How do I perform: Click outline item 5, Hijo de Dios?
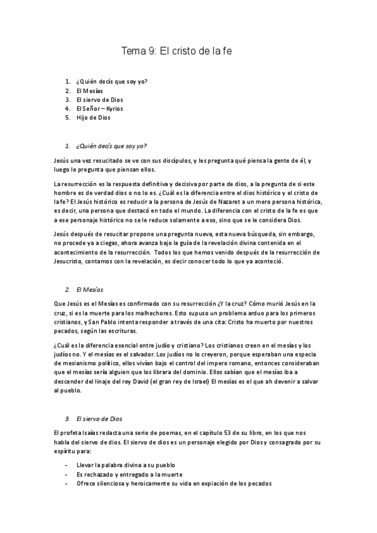pyautogui.click(x=92, y=117)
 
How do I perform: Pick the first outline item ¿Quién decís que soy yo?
pyautogui.click(x=112, y=82)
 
